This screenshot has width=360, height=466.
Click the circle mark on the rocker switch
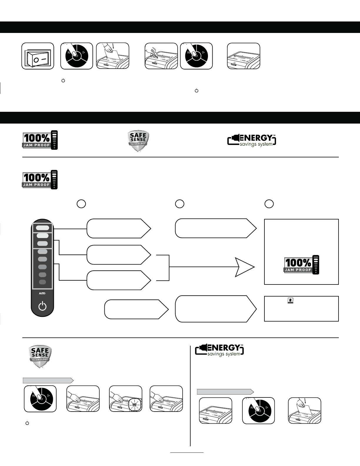[36, 60]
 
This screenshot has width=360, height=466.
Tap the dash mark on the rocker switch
[44, 59]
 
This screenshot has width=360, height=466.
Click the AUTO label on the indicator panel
[42, 293]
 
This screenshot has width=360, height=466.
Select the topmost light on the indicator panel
[43, 228]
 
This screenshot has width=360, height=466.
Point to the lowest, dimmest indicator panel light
[43, 282]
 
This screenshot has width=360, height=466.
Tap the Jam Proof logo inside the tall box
[301, 265]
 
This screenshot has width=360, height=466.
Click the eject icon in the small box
[290, 300]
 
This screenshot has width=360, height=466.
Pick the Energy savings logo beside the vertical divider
[220, 350]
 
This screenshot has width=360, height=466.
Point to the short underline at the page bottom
[187, 452]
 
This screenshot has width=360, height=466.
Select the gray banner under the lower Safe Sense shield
[48, 380]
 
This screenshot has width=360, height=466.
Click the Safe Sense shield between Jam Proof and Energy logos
[138, 141]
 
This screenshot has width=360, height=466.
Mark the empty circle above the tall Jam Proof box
[269, 204]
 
